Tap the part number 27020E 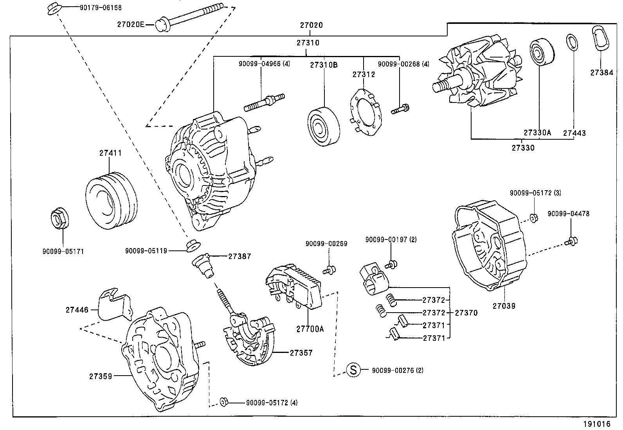tap(130, 25)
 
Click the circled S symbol tap(353, 370)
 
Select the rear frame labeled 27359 tap(160, 360)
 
